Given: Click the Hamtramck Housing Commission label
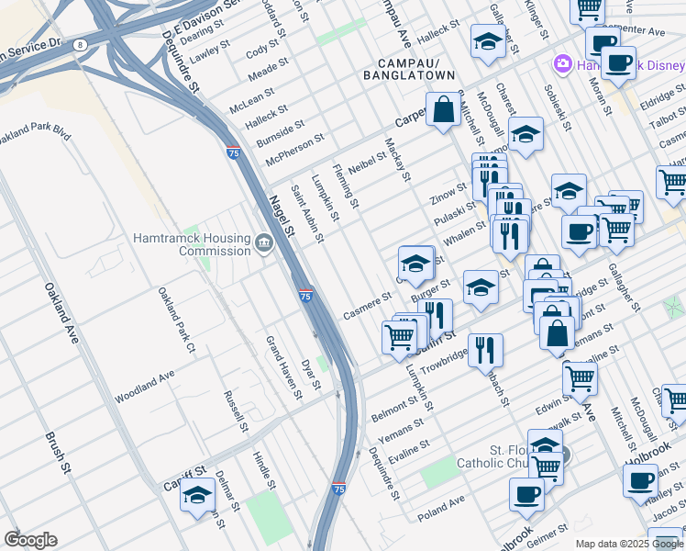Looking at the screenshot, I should [191, 243].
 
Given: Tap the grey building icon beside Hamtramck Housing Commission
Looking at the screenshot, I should [263, 243].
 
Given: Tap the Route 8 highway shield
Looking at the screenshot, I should [82, 44].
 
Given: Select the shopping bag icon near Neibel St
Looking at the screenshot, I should [443, 110].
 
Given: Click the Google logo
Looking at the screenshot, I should [30, 540].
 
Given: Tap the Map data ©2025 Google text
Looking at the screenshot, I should [628, 544].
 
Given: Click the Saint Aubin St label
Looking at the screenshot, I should [307, 214].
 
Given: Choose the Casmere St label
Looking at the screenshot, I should [368, 307].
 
